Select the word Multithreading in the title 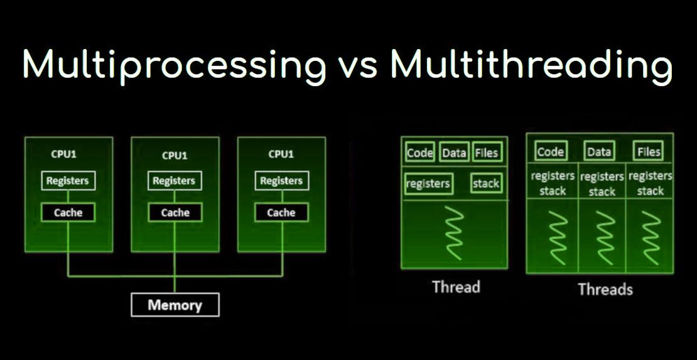coord(531,65)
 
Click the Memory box coord(175,305)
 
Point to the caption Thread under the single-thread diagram coord(456,287)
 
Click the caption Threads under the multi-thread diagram coord(605,290)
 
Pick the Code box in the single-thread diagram coord(421,153)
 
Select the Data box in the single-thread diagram coord(454,153)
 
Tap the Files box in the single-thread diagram coord(486,153)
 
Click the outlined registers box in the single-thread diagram coord(428,183)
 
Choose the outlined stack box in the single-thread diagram coord(485,183)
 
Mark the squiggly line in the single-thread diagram coord(454,232)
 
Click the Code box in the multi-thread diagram coord(550,151)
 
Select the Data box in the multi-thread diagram coord(599,151)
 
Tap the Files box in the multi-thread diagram coord(648,151)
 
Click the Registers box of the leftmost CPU coord(68,181)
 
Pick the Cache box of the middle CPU coord(175,212)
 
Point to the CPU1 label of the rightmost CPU coord(281,154)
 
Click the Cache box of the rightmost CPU coord(281,212)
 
